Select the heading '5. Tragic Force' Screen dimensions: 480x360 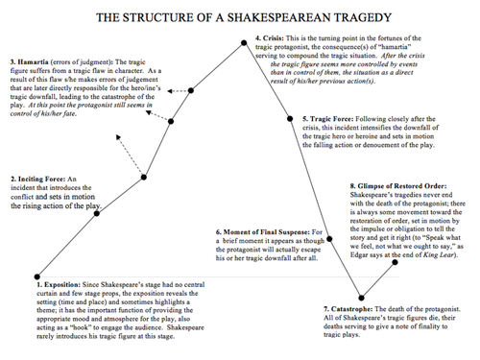coord(324,119)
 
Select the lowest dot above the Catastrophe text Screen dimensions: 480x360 coord(364,297)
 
